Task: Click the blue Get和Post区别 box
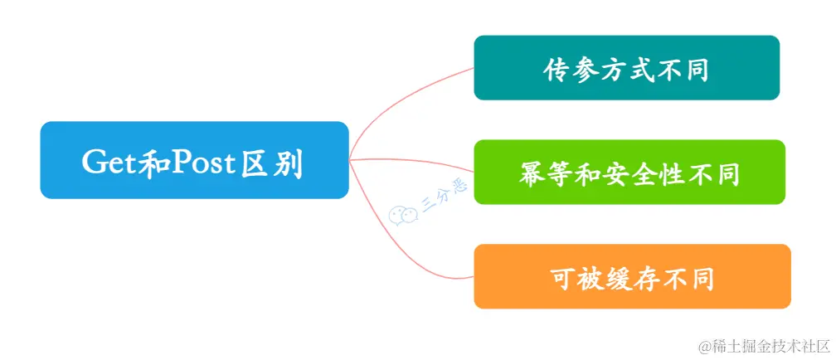194,160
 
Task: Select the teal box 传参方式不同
626,67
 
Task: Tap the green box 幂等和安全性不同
629,173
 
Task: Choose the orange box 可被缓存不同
632,276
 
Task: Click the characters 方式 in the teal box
627,70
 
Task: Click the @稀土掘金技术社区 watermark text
763,343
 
